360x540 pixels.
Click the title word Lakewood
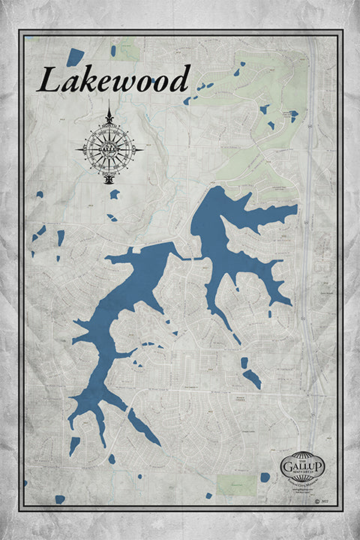(x=113, y=79)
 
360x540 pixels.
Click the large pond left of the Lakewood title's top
(x=75, y=56)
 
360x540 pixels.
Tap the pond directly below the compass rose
(x=115, y=193)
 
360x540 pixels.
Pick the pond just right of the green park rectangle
(x=265, y=477)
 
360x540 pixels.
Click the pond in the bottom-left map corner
(x=59, y=499)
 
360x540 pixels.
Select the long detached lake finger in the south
(x=142, y=427)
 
